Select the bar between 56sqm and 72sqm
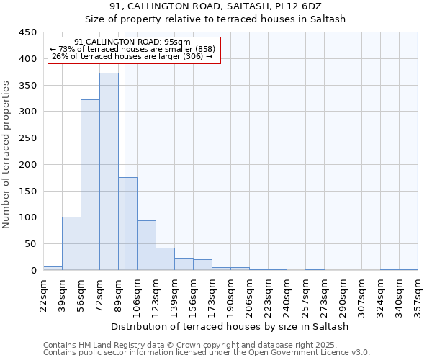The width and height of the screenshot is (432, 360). (x=90, y=185)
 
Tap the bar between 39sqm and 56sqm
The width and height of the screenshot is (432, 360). (x=71, y=243)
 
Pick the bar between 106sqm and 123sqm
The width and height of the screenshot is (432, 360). (x=146, y=246)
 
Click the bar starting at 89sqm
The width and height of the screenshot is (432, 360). (x=127, y=224)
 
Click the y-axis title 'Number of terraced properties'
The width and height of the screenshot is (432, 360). (x=6, y=155)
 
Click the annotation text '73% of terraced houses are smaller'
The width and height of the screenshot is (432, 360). (x=132, y=49)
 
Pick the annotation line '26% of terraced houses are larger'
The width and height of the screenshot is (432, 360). (x=132, y=56)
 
